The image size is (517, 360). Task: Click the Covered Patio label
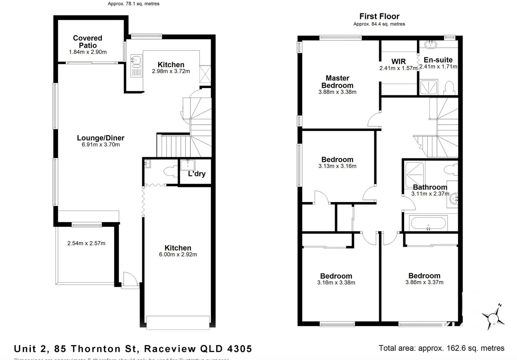(x=88, y=42)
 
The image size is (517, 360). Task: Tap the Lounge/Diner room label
(x=101, y=138)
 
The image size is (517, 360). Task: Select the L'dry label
(x=197, y=174)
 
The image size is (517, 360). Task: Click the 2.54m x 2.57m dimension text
(x=86, y=243)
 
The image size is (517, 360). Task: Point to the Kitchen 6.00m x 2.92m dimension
(x=178, y=255)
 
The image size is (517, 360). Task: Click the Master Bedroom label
(x=337, y=82)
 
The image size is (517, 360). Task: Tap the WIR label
(x=398, y=62)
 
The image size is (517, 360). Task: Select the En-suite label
(x=438, y=60)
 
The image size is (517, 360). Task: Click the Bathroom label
(x=430, y=187)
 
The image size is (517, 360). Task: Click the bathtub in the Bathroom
(x=428, y=223)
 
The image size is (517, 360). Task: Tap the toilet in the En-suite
(x=450, y=88)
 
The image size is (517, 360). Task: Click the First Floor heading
(x=379, y=16)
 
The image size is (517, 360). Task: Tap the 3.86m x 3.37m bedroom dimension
(x=424, y=282)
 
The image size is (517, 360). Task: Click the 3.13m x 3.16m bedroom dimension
(x=337, y=166)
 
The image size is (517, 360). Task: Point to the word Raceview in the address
(x=170, y=349)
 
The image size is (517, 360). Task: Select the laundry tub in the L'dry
(x=188, y=165)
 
